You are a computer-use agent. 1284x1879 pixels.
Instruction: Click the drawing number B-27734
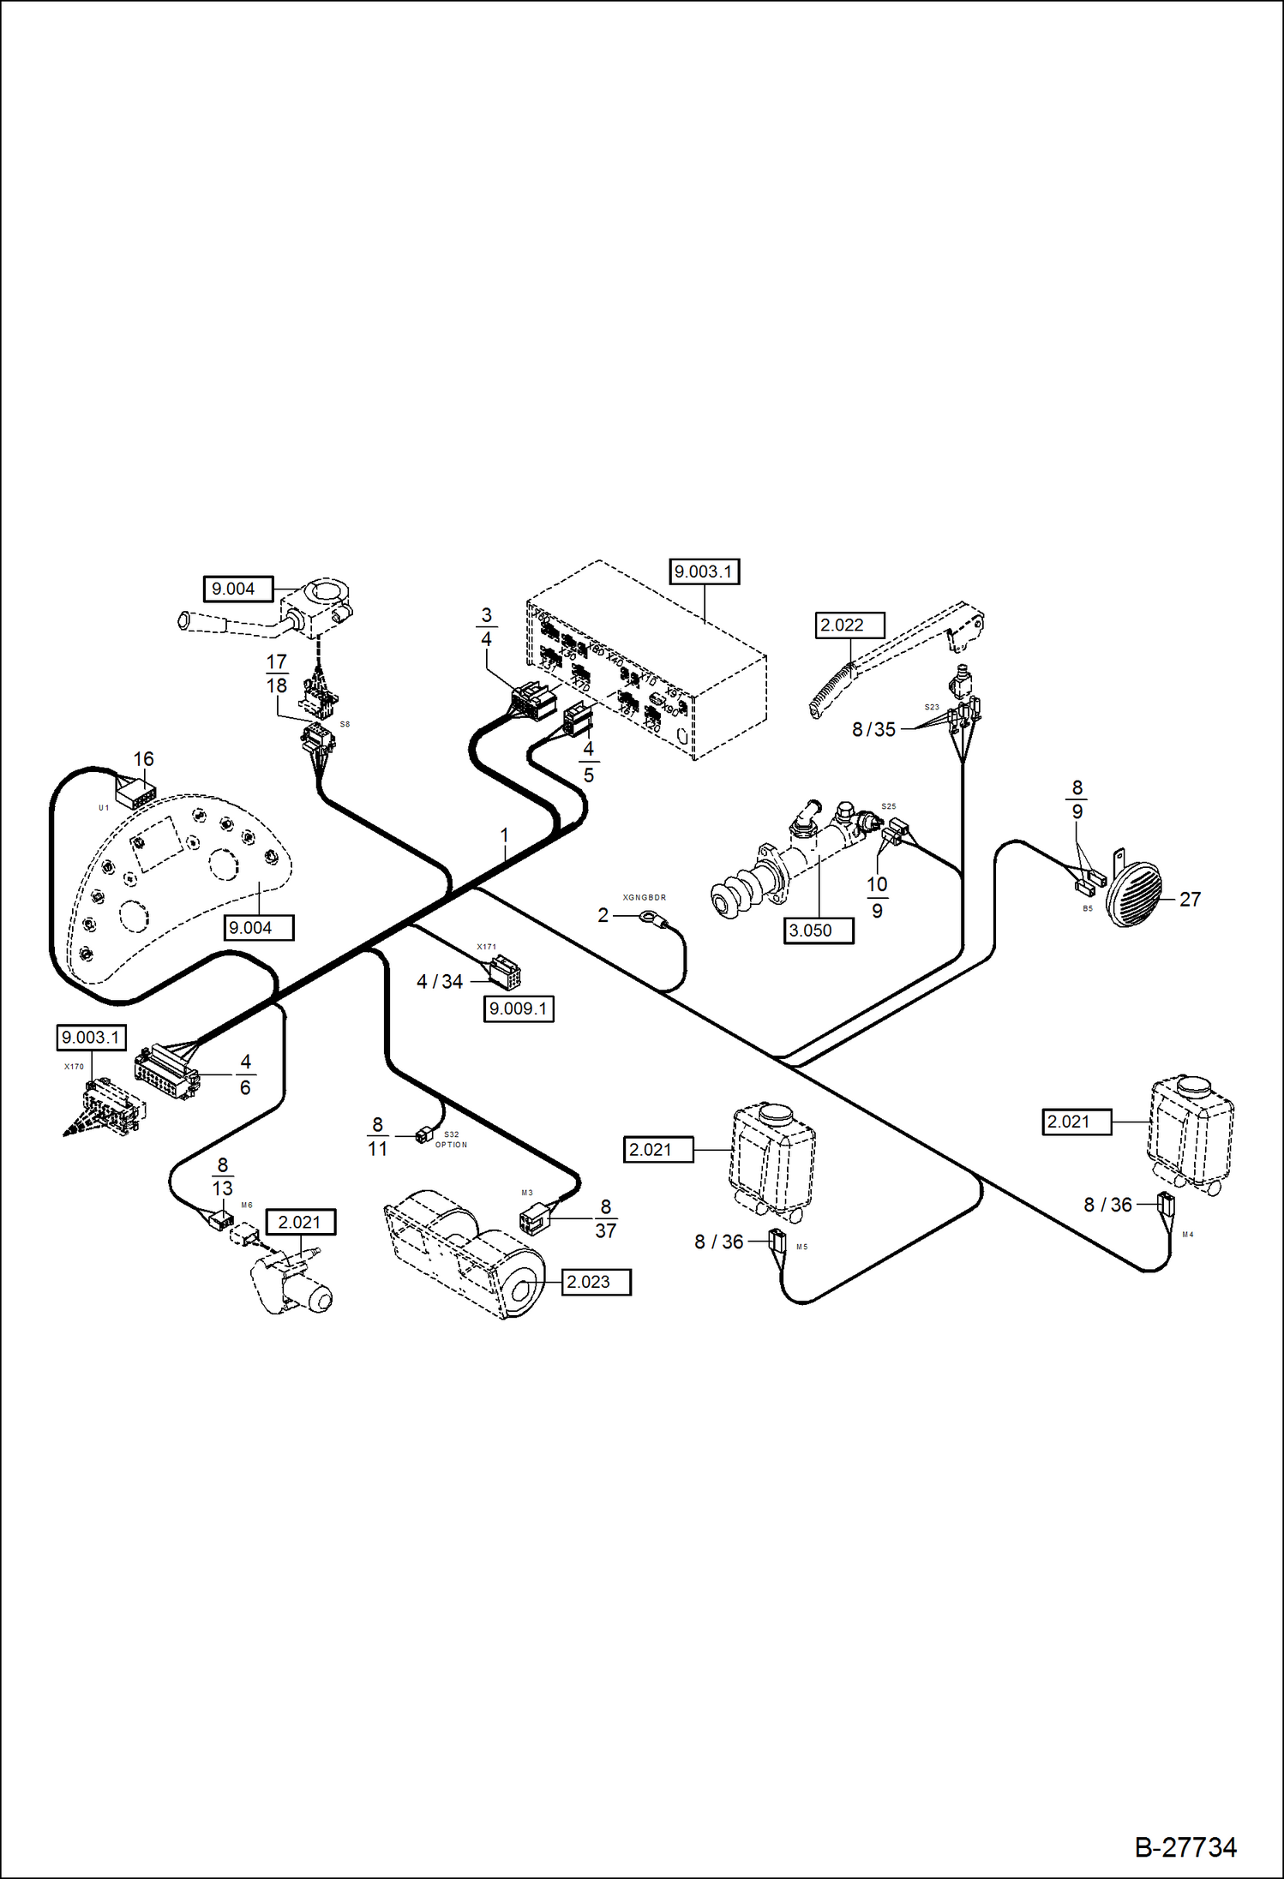coord(1185,1846)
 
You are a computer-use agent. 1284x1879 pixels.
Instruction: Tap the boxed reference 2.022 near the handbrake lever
coord(849,625)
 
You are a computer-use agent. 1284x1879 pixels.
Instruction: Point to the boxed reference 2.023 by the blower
coord(597,1282)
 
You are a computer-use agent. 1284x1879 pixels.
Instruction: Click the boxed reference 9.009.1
coord(518,1008)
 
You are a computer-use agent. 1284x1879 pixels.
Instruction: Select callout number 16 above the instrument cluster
coord(143,759)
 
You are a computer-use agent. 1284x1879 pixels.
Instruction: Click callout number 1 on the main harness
coord(505,835)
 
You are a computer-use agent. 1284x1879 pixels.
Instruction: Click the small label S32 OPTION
coord(451,1140)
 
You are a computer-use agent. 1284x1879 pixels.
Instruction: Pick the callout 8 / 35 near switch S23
coord(873,729)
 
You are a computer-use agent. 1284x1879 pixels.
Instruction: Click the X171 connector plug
coord(505,972)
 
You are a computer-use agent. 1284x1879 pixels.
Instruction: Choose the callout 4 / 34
coord(439,982)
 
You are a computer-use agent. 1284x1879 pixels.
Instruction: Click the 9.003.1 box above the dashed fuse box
coord(704,571)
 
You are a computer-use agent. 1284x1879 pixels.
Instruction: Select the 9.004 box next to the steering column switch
coord(237,589)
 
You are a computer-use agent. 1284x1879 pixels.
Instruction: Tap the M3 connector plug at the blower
coord(531,1218)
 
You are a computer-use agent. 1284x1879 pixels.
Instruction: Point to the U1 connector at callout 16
coord(135,793)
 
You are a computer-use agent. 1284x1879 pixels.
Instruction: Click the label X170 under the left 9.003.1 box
coord(75,1067)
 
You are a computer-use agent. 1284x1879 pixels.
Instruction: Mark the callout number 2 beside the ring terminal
coord(603,915)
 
